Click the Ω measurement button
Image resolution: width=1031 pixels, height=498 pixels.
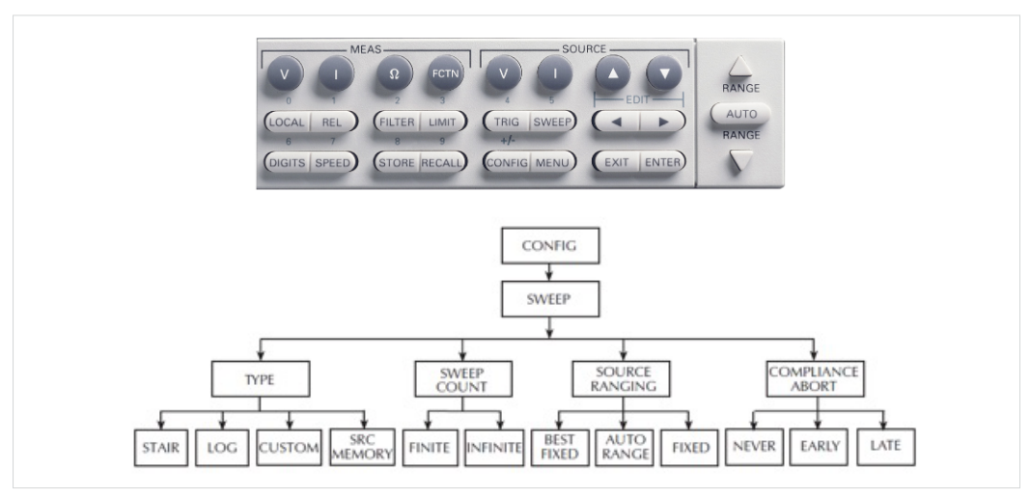pos(393,74)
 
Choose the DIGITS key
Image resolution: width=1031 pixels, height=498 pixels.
pos(286,162)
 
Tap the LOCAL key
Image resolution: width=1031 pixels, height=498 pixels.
pos(286,123)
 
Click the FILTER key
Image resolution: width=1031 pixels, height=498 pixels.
pos(396,123)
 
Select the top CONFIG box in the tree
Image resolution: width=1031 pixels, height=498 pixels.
pos(548,245)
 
